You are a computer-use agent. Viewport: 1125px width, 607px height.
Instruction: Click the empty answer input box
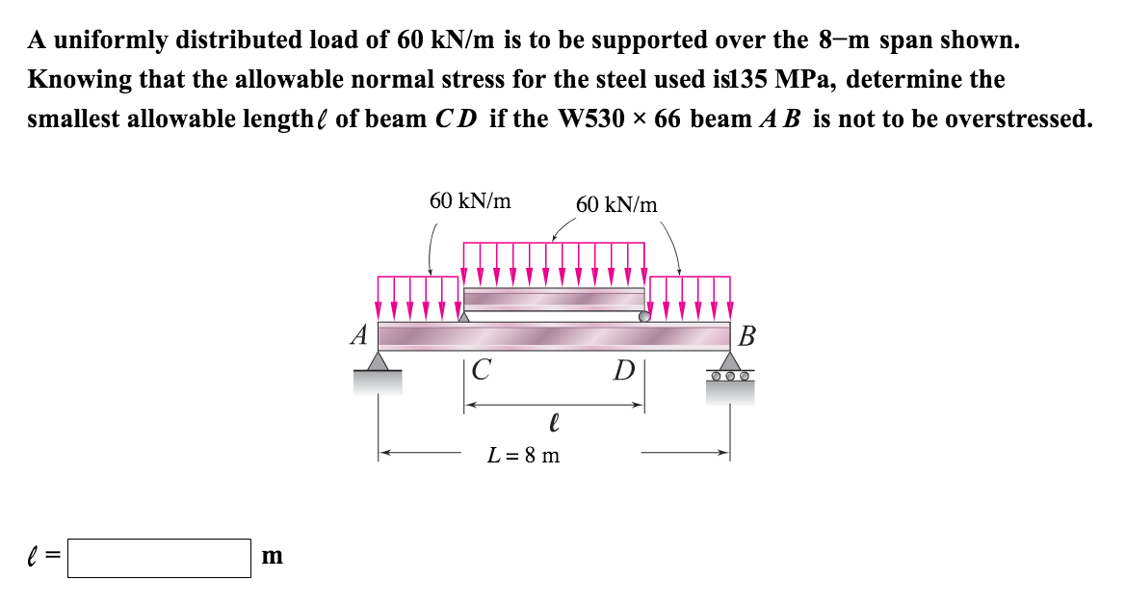tap(160, 557)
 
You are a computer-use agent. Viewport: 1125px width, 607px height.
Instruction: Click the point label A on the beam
tap(360, 335)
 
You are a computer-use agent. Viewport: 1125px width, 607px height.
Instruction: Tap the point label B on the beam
tap(748, 337)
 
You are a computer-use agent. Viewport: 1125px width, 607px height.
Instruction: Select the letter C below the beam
tap(483, 369)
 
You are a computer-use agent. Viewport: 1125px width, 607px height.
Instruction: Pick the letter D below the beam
tap(626, 370)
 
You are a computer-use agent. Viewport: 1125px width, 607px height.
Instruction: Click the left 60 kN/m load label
tap(470, 201)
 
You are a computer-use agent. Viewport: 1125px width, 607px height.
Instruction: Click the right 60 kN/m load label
tap(616, 204)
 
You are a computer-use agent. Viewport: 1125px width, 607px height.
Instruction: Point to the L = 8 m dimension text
tap(524, 455)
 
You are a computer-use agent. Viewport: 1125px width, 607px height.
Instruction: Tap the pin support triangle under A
tap(379, 361)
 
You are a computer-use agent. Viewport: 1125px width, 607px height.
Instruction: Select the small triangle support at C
tap(464, 315)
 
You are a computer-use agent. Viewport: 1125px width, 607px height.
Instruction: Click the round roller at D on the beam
tap(644, 315)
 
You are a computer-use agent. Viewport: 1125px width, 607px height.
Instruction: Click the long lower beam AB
tap(554, 336)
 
